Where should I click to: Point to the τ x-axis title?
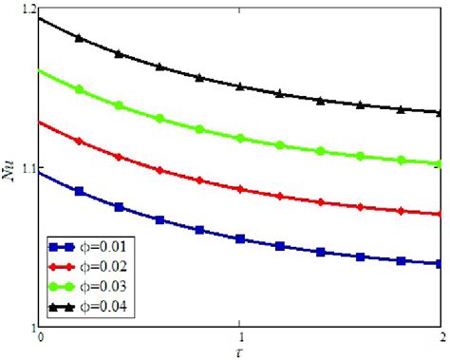[x=240, y=351]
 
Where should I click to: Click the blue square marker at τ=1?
[x=241, y=239]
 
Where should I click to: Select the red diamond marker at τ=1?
[x=241, y=190]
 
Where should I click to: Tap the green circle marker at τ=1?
[x=241, y=139]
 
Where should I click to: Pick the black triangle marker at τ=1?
[x=241, y=86]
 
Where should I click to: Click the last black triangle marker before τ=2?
[x=402, y=108]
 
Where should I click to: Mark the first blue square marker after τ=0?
[x=80, y=192]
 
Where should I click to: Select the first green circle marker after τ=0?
[x=80, y=89]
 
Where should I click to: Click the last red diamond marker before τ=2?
[x=402, y=210]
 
